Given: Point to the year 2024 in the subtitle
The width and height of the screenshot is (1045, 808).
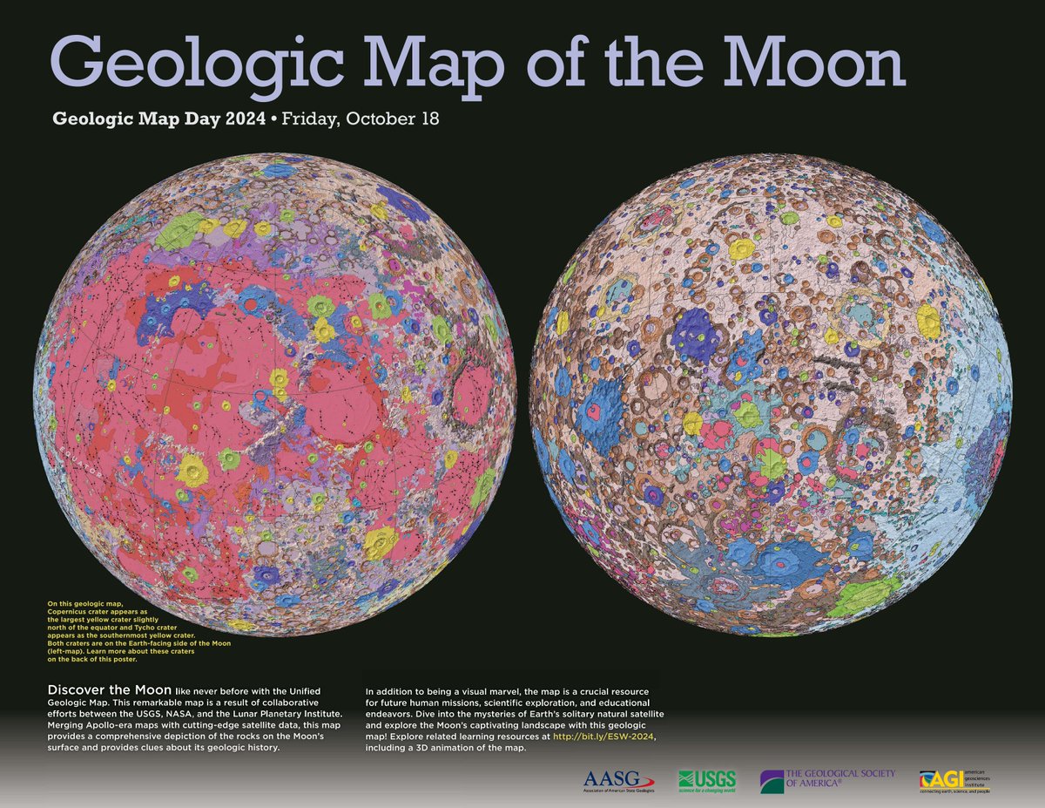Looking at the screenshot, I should click(x=245, y=119).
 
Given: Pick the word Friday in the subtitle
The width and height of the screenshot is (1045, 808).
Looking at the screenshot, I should click(x=314, y=119).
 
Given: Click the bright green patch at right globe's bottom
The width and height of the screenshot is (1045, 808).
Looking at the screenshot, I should click(x=858, y=598).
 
